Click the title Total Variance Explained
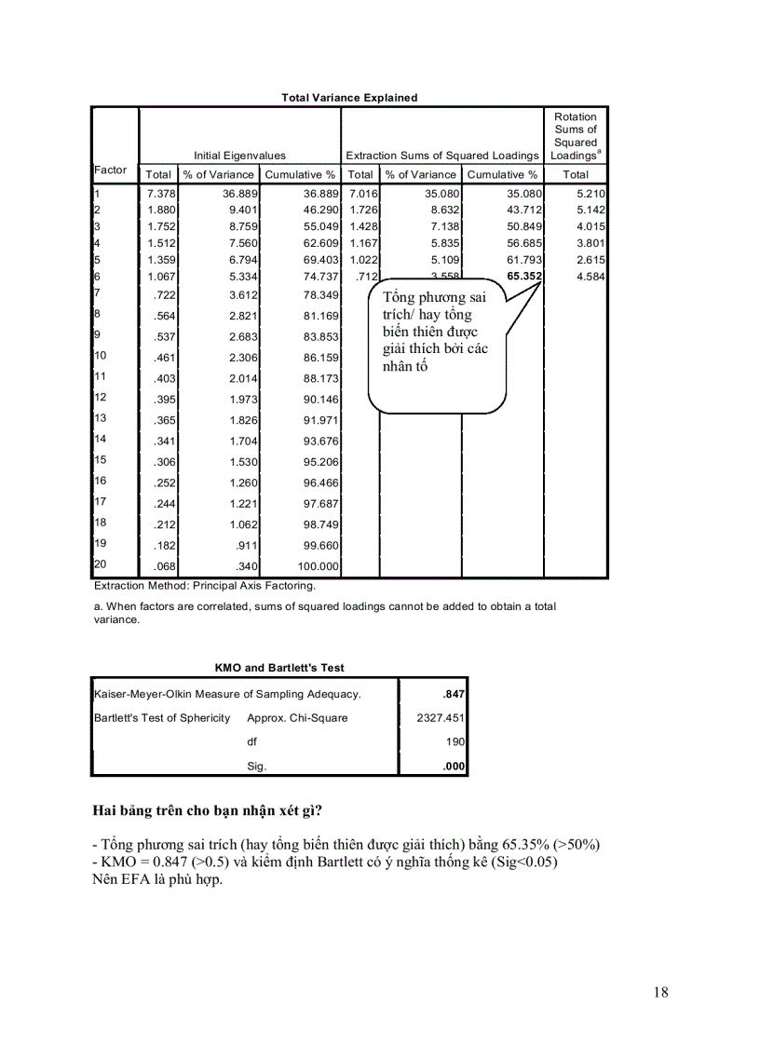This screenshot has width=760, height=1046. click(349, 98)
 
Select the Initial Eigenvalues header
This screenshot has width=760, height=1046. click(239, 156)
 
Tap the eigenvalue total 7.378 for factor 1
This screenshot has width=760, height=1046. click(159, 193)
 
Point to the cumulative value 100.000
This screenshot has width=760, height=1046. click(316, 565)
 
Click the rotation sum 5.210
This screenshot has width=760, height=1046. click(591, 193)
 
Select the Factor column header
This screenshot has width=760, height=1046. click(111, 170)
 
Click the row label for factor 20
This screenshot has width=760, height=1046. click(101, 564)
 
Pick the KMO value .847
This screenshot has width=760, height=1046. click(454, 694)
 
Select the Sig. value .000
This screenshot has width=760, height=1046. click(454, 766)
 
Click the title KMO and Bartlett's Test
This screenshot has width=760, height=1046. click(279, 668)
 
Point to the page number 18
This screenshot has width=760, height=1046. click(660, 992)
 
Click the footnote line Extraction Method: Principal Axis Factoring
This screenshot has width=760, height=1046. click(205, 586)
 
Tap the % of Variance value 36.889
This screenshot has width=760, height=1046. click(239, 193)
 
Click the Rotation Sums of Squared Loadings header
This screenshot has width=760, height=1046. click(576, 136)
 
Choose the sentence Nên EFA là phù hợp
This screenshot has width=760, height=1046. click(157, 879)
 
